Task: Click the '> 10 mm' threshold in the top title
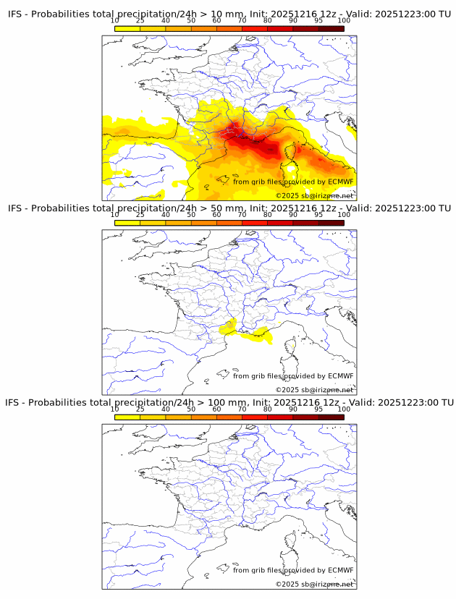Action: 223,13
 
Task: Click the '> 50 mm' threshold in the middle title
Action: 223,208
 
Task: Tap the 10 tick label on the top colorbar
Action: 114,21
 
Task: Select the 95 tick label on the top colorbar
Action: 318,21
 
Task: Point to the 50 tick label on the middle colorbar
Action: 191,215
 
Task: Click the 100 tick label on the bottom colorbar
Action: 343,409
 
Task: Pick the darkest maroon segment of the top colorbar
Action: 331,28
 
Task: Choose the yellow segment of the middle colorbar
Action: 127,223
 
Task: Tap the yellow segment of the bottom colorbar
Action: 127,417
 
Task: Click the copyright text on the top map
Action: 314,195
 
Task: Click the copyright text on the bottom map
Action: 314,584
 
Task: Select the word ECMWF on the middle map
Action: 340,375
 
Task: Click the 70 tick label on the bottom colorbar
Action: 242,409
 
